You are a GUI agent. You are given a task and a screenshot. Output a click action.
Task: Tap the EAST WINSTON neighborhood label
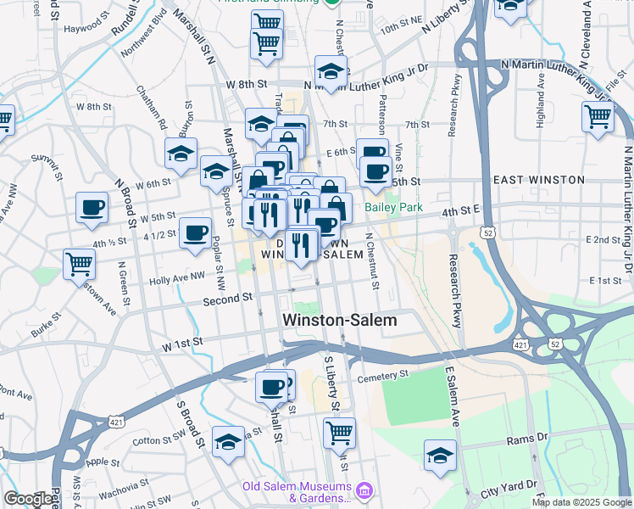tap(539, 180)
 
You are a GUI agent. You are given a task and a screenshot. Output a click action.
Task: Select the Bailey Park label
tap(393, 207)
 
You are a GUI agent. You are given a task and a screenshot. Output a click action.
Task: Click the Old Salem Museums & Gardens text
tap(297, 492)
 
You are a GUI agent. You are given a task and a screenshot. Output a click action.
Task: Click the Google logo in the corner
tap(27, 499)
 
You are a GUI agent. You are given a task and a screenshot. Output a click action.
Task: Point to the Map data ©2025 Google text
tap(581, 502)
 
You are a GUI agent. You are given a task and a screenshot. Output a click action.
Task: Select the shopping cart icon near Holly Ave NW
tap(79, 265)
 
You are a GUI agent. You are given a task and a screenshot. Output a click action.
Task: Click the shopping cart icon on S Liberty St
tap(339, 433)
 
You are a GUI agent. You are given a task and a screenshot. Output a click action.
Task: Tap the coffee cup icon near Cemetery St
tap(272, 387)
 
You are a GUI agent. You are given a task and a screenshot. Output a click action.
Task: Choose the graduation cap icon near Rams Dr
tap(440, 455)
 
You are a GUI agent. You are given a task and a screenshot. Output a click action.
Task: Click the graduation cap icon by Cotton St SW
tap(228, 442)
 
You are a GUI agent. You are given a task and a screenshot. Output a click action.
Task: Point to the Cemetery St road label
tap(383, 375)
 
